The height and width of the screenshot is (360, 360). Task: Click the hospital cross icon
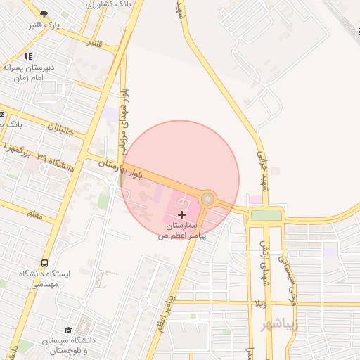coord(182,214)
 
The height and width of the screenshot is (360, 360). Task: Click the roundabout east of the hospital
coord(207,199)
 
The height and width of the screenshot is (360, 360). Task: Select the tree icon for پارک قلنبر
coord(45,14)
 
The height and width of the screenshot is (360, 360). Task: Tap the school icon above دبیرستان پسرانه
coord(27,56)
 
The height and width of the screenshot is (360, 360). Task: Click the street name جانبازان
coord(65,130)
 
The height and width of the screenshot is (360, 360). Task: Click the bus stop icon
coord(45,264)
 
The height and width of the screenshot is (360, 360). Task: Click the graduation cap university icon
coord(68,329)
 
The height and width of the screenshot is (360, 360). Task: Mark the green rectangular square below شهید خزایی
coord(266,215)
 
